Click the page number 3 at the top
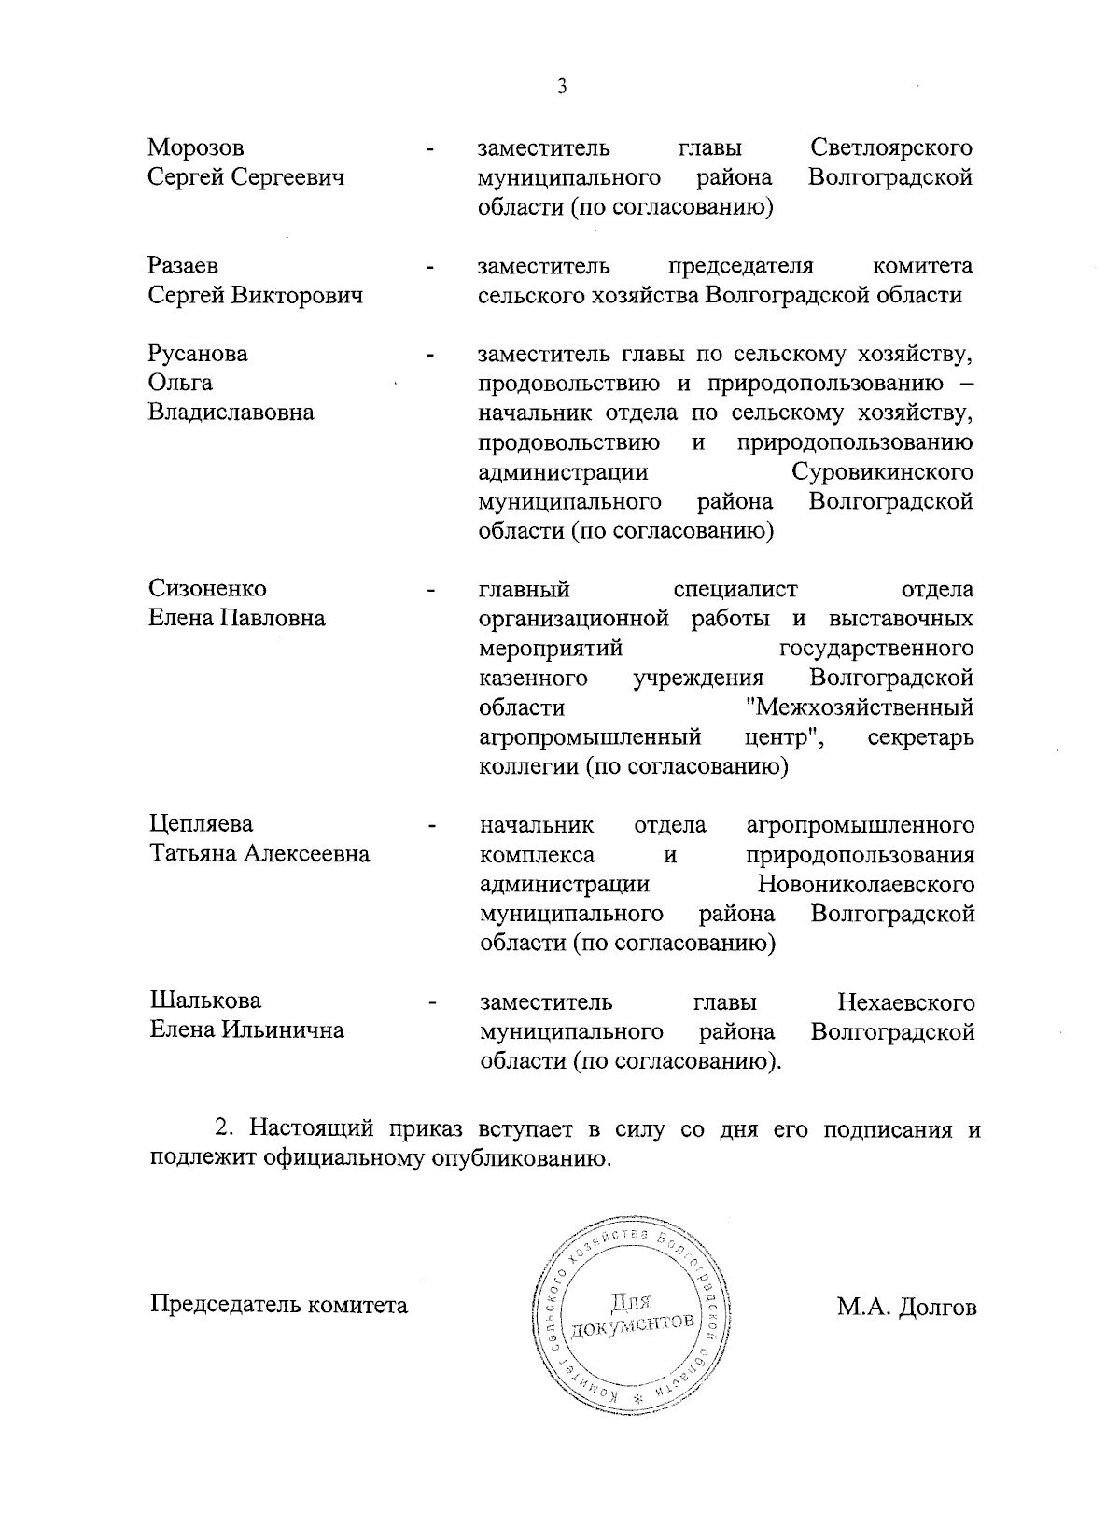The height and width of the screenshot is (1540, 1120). pyautogui.click(x=561, y=88)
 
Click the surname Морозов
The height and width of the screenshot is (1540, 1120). pyautogui.click(x=196, y=147)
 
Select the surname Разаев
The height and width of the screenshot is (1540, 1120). pyautogui.click(x=183, y=266)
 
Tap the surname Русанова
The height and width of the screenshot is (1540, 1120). pyautogui.click(x=198, y=354)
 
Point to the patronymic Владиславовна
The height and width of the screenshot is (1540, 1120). pyautogui.click(x=231, y=413)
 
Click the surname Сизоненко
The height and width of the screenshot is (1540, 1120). pyautogui.click(x=207, y=589)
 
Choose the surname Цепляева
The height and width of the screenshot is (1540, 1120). pyautogui.click(x=202, y=824)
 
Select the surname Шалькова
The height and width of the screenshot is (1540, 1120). pyautogui.click(x=205, y=1001)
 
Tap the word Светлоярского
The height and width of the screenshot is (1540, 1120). pyautogui.click(x=891, y=147)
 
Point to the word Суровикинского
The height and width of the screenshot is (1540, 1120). pyautogui.click(x=882, y=472)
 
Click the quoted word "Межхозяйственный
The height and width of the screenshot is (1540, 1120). pyautogui.click(x=861, y=707)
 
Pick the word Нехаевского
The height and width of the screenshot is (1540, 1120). pyautogui.click(x=906, y=1002)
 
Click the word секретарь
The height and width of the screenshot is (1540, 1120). pyautogui.click(x=920, y=737)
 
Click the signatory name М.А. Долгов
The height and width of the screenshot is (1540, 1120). pyautogui.click(x=906, y=1308)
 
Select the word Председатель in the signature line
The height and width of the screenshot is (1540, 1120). pyautogui.click(x=220, y=1305)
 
